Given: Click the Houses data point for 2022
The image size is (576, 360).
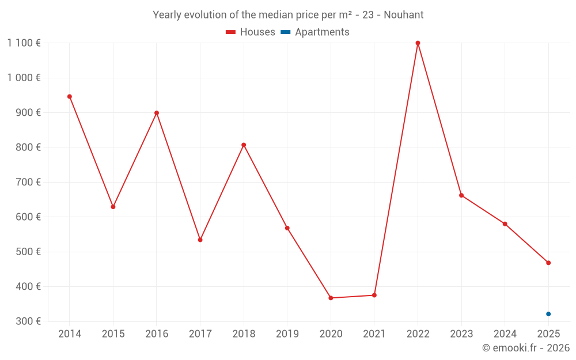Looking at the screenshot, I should click(418, 43).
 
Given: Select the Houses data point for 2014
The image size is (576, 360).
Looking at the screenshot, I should click(70, 97).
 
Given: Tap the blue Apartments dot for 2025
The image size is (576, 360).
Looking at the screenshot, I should click(548, 314).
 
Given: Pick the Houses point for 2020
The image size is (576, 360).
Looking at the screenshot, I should click(331, 298).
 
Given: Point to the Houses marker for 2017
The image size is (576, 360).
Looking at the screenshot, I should click(200, 240).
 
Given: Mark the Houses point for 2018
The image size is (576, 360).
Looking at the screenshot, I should click(244, 145).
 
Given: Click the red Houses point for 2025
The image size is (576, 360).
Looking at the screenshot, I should click(548, 263).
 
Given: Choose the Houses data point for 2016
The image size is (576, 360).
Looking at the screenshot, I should click(157, 113).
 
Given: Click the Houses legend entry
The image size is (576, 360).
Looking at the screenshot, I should click(251, 32).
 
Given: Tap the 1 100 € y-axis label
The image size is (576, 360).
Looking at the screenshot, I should click(24, 43).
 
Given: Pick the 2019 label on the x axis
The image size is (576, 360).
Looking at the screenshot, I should click(287, 334).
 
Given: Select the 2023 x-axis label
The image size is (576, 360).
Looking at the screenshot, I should click(461, 334).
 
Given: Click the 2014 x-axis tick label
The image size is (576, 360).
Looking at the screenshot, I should click(70, 334).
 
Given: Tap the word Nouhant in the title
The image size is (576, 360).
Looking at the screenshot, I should click(406, 15).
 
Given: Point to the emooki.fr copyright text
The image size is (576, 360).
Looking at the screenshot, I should click(526, 348).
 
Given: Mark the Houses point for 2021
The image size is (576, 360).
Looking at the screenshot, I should click(374, 295).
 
